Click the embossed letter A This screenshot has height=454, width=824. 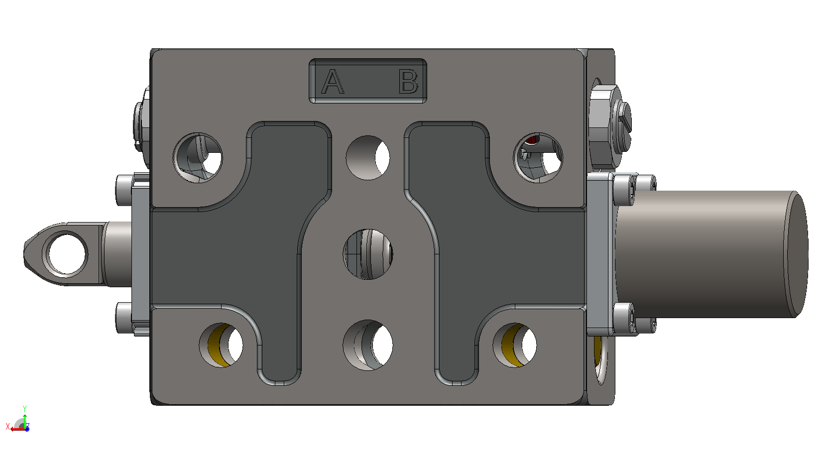pyautogui.click(x=333, y=82)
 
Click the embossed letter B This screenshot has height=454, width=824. pyautogui.click(x=408, y=82)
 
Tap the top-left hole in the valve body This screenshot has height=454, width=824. pyautogui.click(x=198, y=158)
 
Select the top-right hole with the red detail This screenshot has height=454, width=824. pyautogui.click(x=538, y=158)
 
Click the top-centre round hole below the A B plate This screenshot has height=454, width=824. pyautogui.click(x=368, y=157)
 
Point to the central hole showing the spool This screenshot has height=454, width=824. pyautogui.click(x=368, y=254)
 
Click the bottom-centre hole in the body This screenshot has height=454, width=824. pyautogui.click(x=368, y=345)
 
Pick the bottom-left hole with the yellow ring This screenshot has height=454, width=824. pyautogui.click(x=221, y=345)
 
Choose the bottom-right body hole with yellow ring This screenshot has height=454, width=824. pyautogui.click(x=515, y=345)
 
